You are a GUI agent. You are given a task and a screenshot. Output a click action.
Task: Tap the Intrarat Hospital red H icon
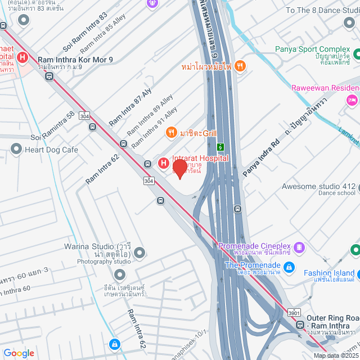click(x=163, y=163)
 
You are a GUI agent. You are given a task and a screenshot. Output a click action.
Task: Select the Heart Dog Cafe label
click(x=51, y=150)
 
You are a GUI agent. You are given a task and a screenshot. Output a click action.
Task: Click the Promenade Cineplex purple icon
click(x=300, y=246)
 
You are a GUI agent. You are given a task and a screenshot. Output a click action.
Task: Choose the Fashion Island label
click(x=329, y=273)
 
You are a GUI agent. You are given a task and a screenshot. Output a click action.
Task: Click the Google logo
click(x=19, y=353)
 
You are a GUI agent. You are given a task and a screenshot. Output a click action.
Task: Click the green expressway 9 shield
click(x=220, y=148)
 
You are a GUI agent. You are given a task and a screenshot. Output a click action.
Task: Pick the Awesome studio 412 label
click(x=318, y=187)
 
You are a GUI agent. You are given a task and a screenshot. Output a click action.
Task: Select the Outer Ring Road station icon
click(x=301, y=325)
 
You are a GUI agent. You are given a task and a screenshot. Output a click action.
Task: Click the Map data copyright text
click(x=335, y=355)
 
